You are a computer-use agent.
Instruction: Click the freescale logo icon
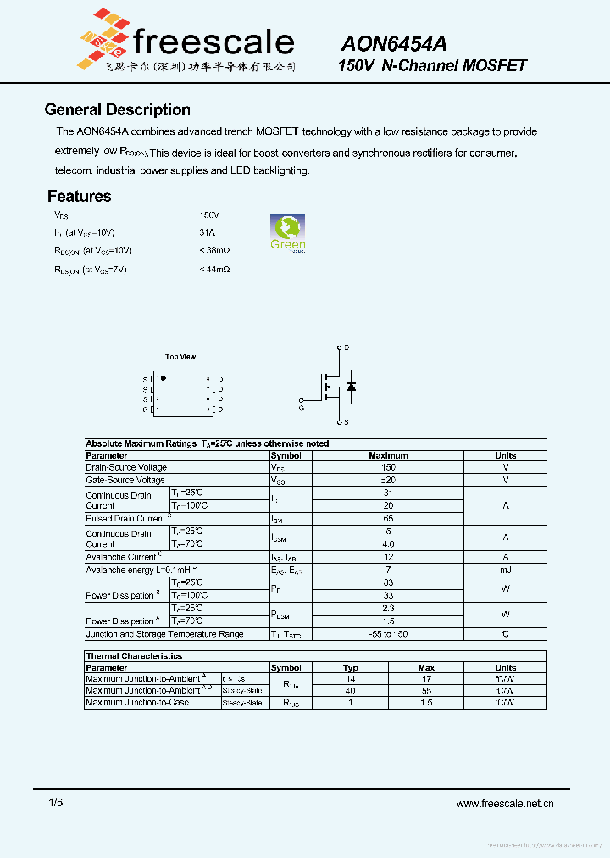pyautogui.click(x=103, y=38)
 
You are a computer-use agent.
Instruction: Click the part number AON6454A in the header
pyautogui.click(x=394, y=43)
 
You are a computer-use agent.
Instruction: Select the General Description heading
pyautogui.click(x=117, y=109)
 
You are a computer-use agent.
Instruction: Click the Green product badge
pyautogui.click(x=287, y=232)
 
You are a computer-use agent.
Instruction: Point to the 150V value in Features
pyautogui.click(x=209, y=215)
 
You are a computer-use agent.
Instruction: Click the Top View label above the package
pyautogui.click(x=180, y=357)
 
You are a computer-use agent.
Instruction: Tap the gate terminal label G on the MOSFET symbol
pyautogui.click(x=302, y=408)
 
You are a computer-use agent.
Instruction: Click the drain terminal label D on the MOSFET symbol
pyautogui.click(x=347, y=348)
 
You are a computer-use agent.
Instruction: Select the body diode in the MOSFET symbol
pyautogui.click(x=351, y=387)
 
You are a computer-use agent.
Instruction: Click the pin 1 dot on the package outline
pyautogui.click(x=164, y=378)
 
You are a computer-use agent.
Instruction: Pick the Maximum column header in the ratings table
pyautogui.click(x=388, y=455)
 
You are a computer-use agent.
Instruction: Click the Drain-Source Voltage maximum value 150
pyautogui.click(x=388, y=467)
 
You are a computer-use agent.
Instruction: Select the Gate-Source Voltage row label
pyautogui.click(x=125, y=480)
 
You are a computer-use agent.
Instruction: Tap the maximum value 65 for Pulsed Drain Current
pyautogui.click(x=388, y=518)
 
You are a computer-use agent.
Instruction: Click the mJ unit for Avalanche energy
pyautogui.click(x=505, y=570)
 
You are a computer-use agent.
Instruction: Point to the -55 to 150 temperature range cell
pyautogui.click(x=388, y=634)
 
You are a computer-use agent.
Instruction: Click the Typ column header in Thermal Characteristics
pyautogui.click(x=350, y=668)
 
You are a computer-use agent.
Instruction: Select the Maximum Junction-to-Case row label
pyautogui.click(x=137, y=703)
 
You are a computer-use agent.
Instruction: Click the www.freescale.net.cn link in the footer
pyautogui.click(x=504, y=803)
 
